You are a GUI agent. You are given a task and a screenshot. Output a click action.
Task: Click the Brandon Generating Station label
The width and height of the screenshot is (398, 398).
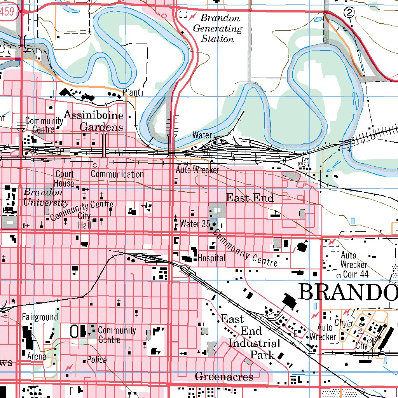(x=217, y=28)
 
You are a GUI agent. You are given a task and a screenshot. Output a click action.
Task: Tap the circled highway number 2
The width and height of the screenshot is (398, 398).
(x=350, y=13)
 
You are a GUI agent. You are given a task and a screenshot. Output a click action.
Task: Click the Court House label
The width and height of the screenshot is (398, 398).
(x=64, y=178)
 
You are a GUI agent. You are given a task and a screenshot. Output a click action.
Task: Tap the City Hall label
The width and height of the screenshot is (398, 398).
(x=84, y=221)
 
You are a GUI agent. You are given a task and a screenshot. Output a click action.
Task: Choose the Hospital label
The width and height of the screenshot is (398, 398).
(x=211, y=258)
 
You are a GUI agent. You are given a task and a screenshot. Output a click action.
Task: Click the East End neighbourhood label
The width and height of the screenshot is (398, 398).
(x=250, y=198)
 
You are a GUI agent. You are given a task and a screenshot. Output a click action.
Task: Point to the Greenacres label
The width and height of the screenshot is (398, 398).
(x=224, y=376)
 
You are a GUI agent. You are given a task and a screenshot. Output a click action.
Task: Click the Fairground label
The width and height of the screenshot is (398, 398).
(x=40, y=317)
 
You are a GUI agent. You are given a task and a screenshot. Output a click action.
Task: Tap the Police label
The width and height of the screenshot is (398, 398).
(x=96, y=360)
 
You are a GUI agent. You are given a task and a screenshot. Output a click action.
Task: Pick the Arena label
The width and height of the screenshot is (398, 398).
(x=37, y=356)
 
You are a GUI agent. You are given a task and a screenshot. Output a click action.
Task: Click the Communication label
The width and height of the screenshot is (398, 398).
(x=117, y=174)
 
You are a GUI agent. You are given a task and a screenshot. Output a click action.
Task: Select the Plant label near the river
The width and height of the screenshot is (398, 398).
(x=131, y=92)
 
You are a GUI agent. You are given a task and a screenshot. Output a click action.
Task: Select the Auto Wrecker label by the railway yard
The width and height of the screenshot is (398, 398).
(x=197, y=170)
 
